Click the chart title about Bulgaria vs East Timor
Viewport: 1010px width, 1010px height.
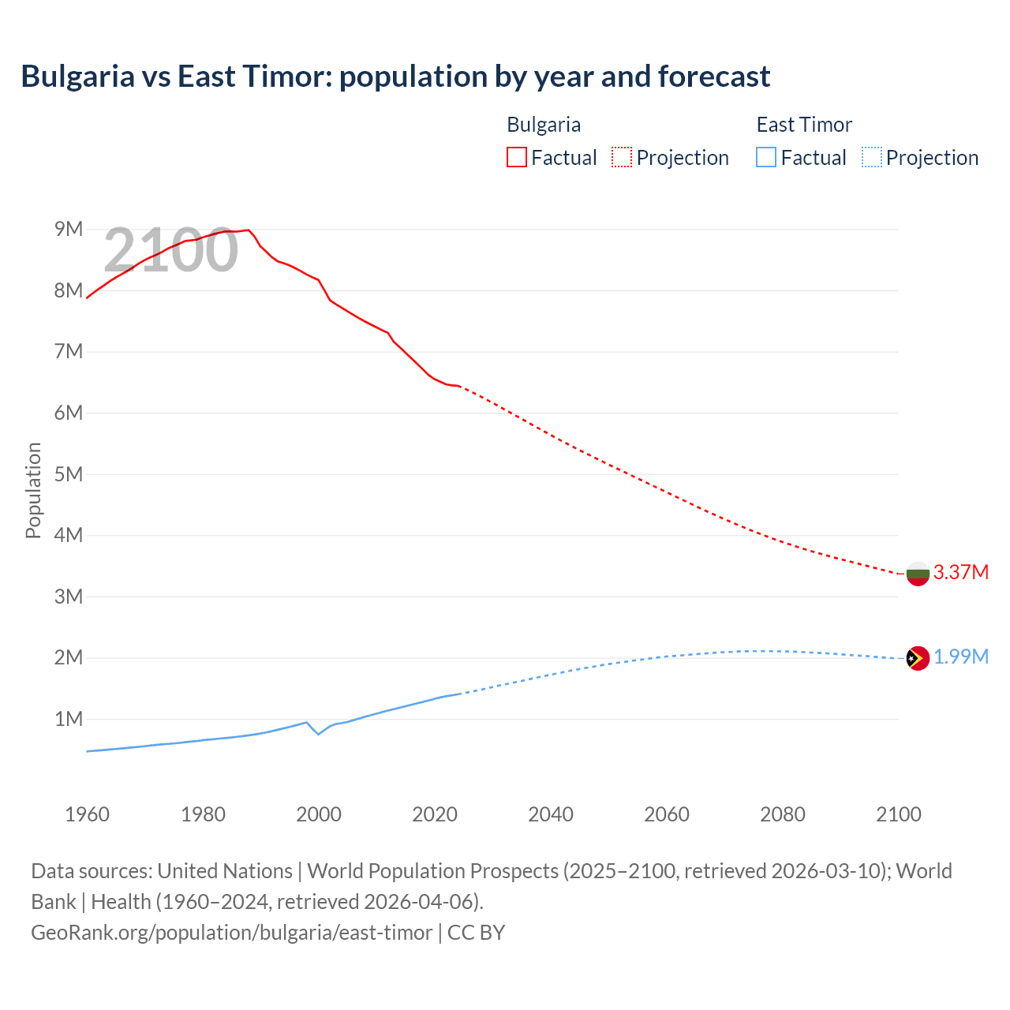coord(395,77)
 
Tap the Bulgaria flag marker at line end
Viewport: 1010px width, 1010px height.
coord(917,574)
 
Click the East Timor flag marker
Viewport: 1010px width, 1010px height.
coord(917,657)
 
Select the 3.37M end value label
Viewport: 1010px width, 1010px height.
coord(960,572)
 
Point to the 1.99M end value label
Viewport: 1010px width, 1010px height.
coord(960,657)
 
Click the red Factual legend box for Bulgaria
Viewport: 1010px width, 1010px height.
coord(516,157)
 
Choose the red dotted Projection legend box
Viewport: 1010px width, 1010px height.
coord(622,157)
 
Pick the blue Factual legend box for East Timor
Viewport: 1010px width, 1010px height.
coord(766,157)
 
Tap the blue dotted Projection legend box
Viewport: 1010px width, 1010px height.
coord(872,157)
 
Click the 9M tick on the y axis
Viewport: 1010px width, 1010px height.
coord(69,229)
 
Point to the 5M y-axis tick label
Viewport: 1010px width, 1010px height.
coord(69,474)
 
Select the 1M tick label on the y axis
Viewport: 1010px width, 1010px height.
coord(69,719)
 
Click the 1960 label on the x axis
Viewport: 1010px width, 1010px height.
coord(87,814)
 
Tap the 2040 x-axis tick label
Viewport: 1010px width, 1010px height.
coord(551,814)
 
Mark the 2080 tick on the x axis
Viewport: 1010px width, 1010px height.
coord(783,814)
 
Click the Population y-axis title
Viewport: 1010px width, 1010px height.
coord(33,490)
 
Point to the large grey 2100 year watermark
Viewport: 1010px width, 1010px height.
coord(170,250)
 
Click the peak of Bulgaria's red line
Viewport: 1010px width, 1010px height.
coord(249,230)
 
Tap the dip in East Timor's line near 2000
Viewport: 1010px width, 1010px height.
coord(319,734)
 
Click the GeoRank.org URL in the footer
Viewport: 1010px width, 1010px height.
coord(231,932)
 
